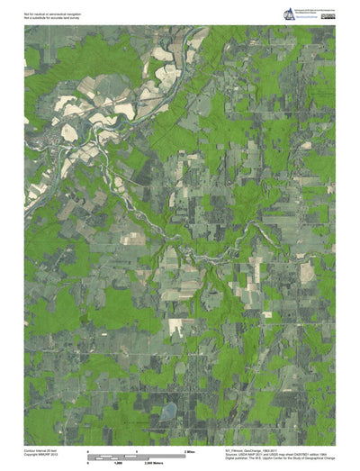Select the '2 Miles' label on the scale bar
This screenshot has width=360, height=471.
pyautogui.click(x=189, y=448)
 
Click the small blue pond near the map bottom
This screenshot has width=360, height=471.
pyautogui.click(x=168, y=411)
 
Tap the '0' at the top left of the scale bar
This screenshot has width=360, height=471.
pyautogui.click(x=88, y=448)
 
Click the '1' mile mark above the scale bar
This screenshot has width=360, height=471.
pyautogui.click(x=135, y=448)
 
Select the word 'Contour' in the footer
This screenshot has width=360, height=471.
pyautogui.click(x=31, y=448)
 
